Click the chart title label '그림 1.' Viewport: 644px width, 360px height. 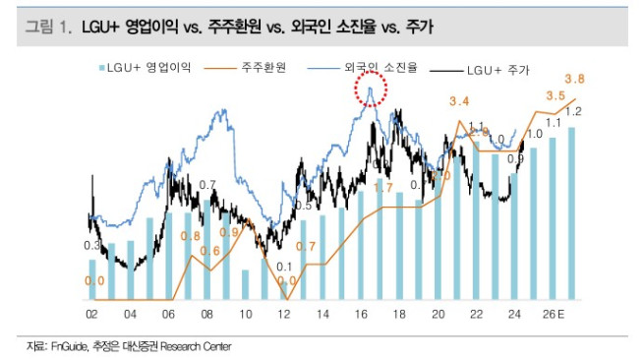coord(48,29)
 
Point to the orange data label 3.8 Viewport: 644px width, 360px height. coord(575,79)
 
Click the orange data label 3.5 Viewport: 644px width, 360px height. coord(555,96)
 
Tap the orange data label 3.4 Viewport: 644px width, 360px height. coord(459,101)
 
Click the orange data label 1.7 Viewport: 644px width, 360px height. coord(384,187)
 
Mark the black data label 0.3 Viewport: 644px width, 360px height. coord(91,246)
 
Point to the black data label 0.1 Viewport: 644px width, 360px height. coord(284,268)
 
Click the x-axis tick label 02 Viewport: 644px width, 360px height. coord(91,315)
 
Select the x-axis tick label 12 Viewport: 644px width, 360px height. coord(284,315)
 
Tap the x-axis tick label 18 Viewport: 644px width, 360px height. coord(399,315)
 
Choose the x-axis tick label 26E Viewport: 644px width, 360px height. coord(556,315)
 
